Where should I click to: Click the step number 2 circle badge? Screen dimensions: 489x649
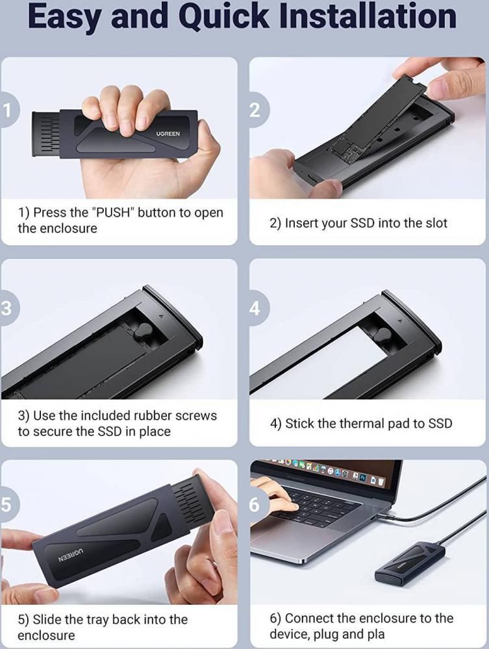point(255,110)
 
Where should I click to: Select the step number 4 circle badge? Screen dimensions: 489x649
point(255,308)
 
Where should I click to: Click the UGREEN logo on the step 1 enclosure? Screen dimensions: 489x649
point(168,134)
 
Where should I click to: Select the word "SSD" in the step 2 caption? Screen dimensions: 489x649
point(363,223)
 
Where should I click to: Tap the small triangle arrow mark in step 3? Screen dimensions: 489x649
point(162,316)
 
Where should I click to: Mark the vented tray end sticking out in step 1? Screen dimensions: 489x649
point(47,134)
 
